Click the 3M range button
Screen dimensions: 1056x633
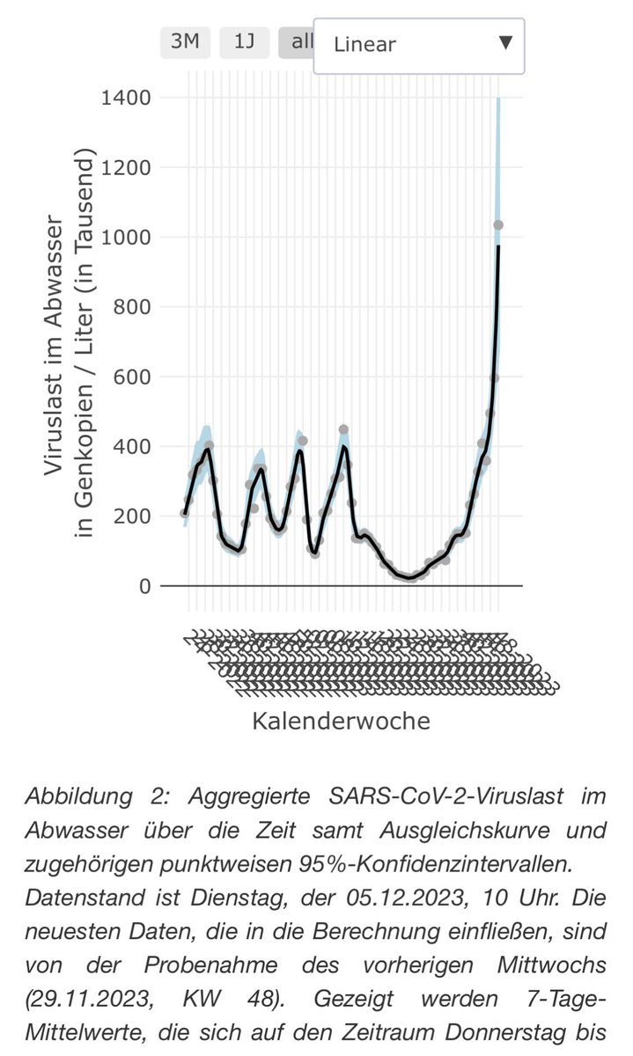pyautogui.click(x=185, y=42)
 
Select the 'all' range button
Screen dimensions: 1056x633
pyautogui.click(x=296, y=42)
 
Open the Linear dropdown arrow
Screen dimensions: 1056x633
pyautogui.click(x=505, y=43)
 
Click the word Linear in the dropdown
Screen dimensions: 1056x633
pyautogui.click(x=365, y=44)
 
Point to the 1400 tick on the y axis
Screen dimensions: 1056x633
pyautogui.click(x=126, y=98)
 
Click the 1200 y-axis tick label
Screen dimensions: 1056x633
pyautogui.click(x=126, y=167)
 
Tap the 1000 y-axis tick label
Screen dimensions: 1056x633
pyautogui.click(x=126, y=238)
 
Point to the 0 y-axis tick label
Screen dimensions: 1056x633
pyautogui.click(x=145, y=586)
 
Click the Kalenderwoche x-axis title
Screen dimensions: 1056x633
pyautogui.click(x=342, y=722)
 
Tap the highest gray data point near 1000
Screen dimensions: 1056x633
pyautogui.click(x=498, y=225)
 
